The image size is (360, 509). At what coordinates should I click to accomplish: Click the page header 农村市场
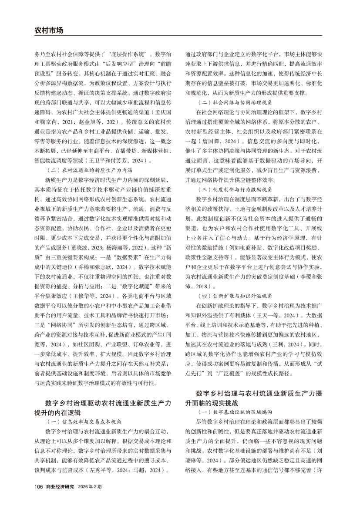tap(49, 30)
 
